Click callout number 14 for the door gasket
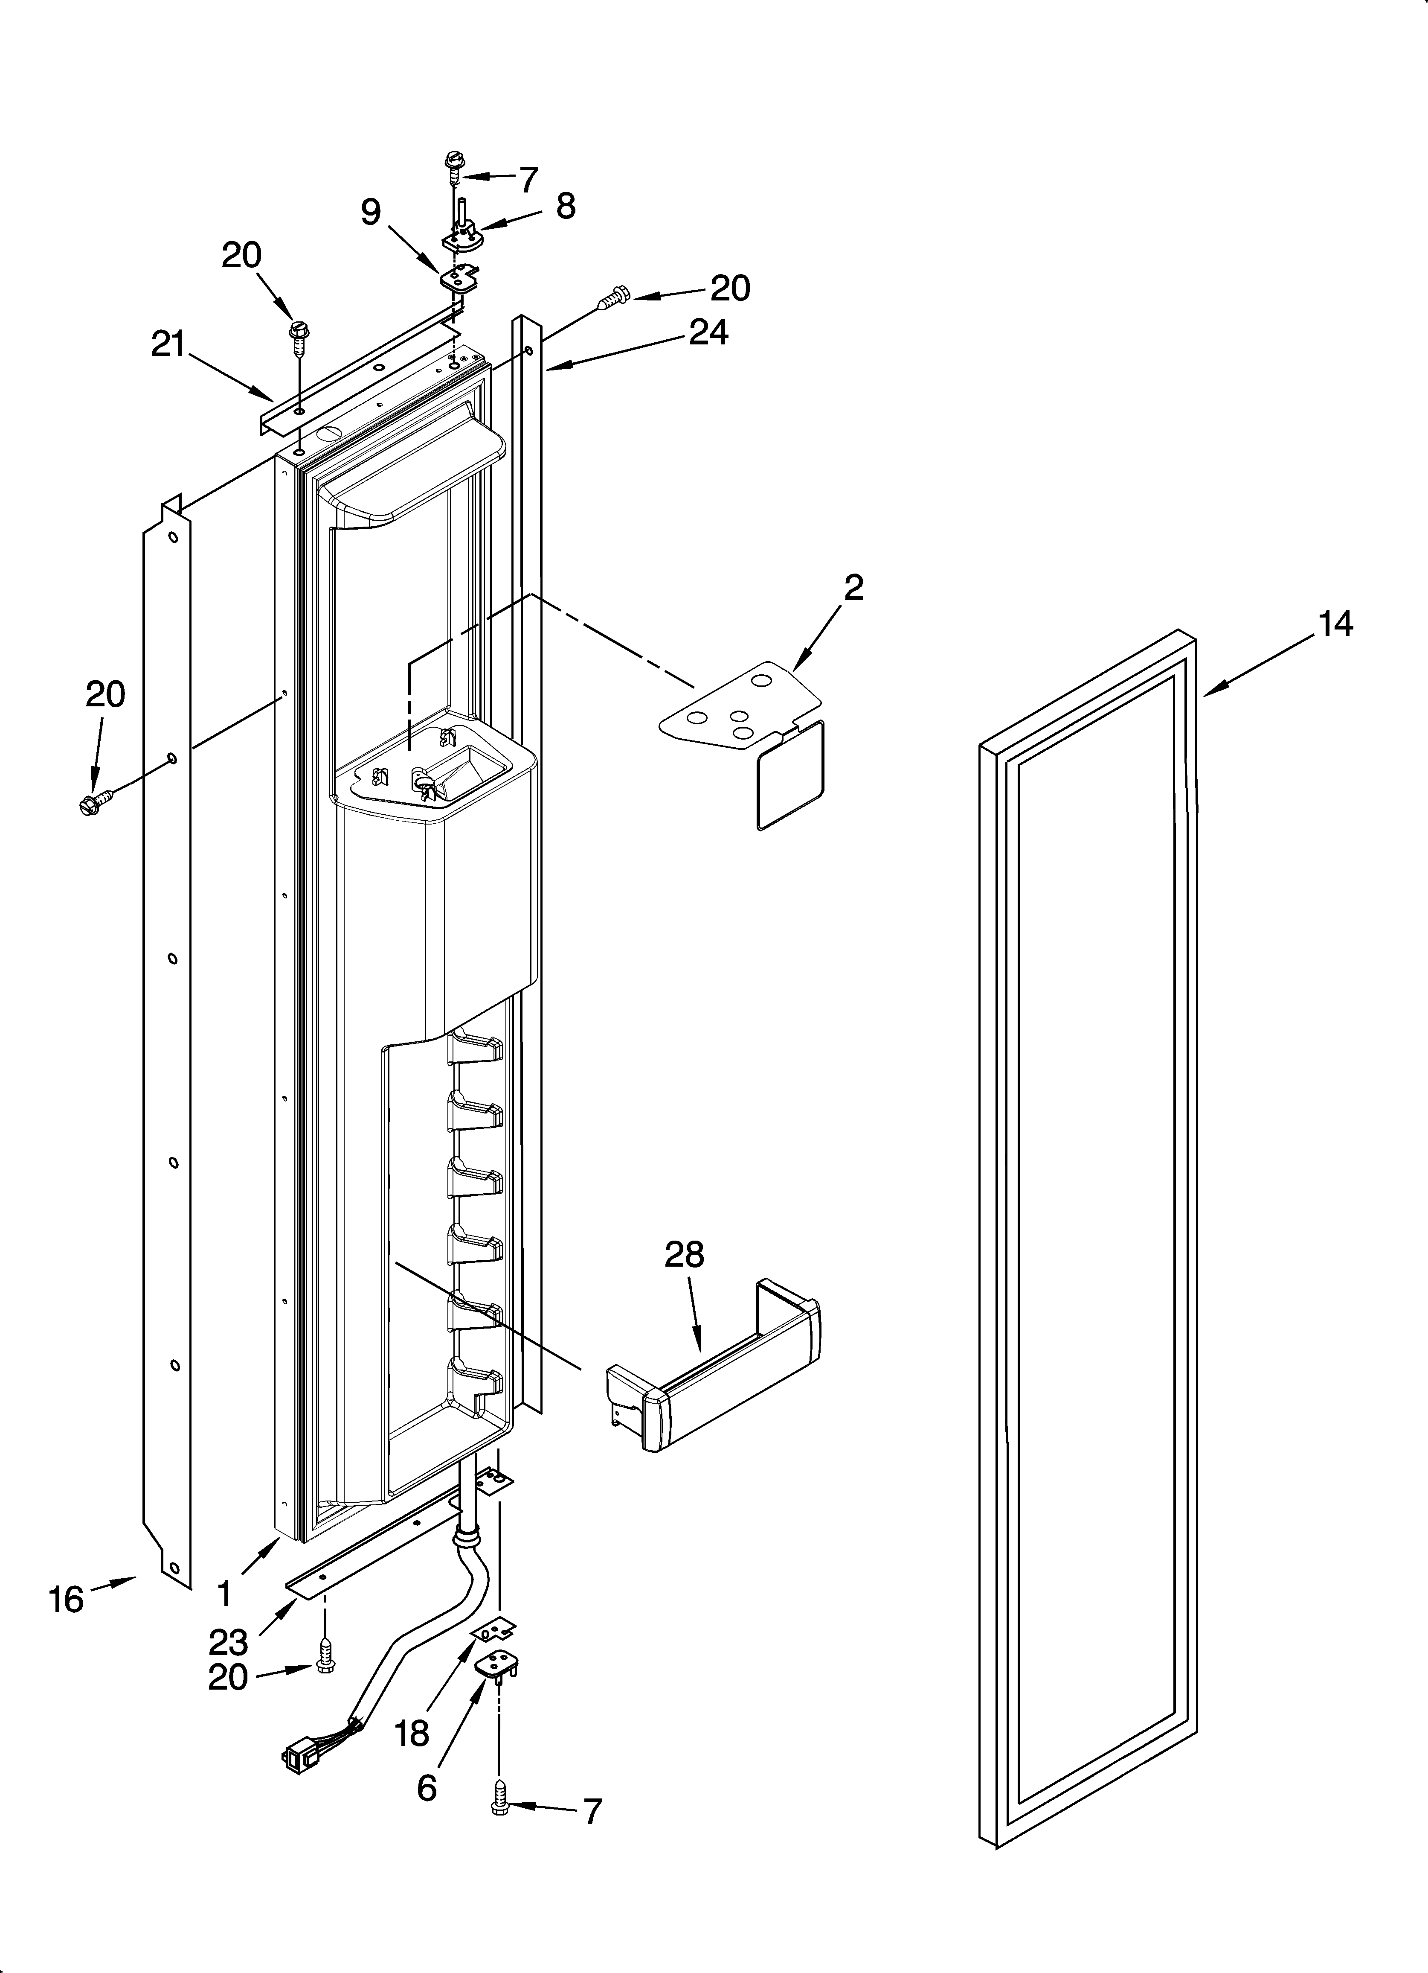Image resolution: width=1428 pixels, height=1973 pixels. (1335, 625)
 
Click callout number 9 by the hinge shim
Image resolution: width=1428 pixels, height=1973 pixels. (371, 211)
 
